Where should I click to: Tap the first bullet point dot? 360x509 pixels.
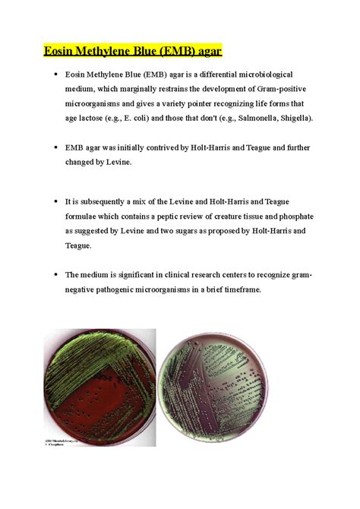click(55, 76)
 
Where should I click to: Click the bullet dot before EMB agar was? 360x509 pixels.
click(55, 147)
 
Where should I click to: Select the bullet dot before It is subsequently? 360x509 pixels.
click(55, 203)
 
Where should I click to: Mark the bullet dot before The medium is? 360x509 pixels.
click(55, 274)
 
